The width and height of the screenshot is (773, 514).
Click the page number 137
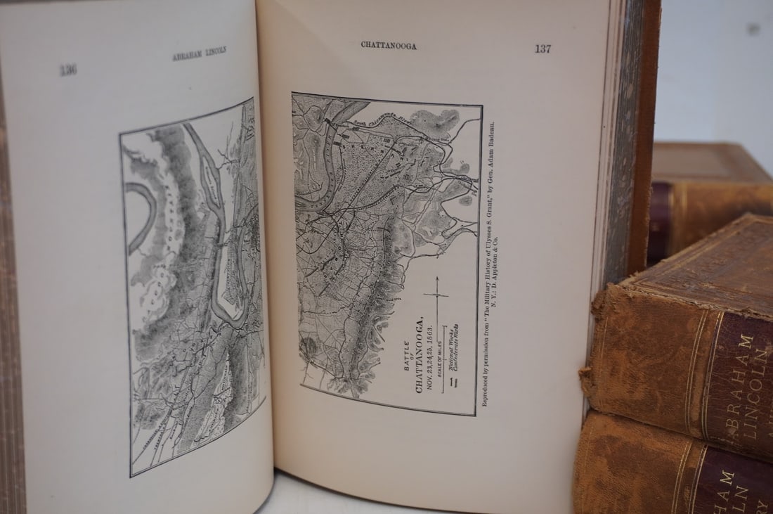(x=543, y=49)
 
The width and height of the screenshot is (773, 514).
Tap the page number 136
(x=68, y=69)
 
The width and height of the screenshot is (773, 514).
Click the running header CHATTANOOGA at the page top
(x=389, y=46)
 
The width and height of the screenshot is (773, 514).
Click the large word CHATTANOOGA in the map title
(x=420, y=354)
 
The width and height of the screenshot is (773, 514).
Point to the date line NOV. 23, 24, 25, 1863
(x=430, y=355)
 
